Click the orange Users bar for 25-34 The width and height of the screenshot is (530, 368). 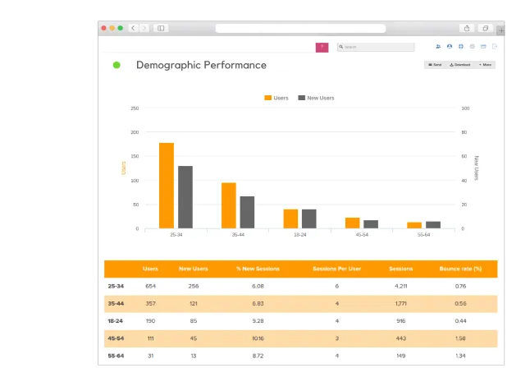pyautogui.click(x=167, y=186)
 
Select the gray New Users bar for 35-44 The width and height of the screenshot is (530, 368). pyautogui.click(x=247, y=212)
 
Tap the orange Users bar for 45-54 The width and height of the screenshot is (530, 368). pyautogui.click(x=352, y=223)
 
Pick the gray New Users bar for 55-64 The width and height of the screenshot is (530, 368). pyautogui.click(x=433, y=224)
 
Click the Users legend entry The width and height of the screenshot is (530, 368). pyautogui.click(x=276, y=98)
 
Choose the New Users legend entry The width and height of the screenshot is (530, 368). pyautogui.click(x=315, y=98)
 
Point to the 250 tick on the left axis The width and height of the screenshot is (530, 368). pyautogui.click(x=134, y=108)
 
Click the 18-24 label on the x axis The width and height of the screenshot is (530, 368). pyautogui.click(x=299, y=235)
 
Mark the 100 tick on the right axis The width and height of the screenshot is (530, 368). pyautogui.click(x=465, y=108)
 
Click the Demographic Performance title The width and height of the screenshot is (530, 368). pyautogui.click(x=201, y=65)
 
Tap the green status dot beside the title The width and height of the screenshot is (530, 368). pyautogui.click(x=117, y=65)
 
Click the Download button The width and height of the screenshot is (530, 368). pyautogui.click(x=459, y=64)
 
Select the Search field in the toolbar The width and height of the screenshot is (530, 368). pyautogui.click(x=376, y=47)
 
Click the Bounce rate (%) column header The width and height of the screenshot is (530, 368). pyautogui.click(x=460, y=269)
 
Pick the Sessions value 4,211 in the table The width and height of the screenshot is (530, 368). pyautogui.click(x=401, y=286)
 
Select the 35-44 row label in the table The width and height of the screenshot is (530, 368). pyautogui.click(x=116, y=303)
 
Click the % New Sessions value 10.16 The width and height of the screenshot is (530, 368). pyautogui.click(x=258, y=338)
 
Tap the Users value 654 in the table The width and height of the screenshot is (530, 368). pyautogui.click(x=150, y=286)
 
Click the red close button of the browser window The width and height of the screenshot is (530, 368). pyautogui.click(x=104, y=28)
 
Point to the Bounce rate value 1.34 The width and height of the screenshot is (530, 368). pyautogui.click(x=460, y=355)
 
